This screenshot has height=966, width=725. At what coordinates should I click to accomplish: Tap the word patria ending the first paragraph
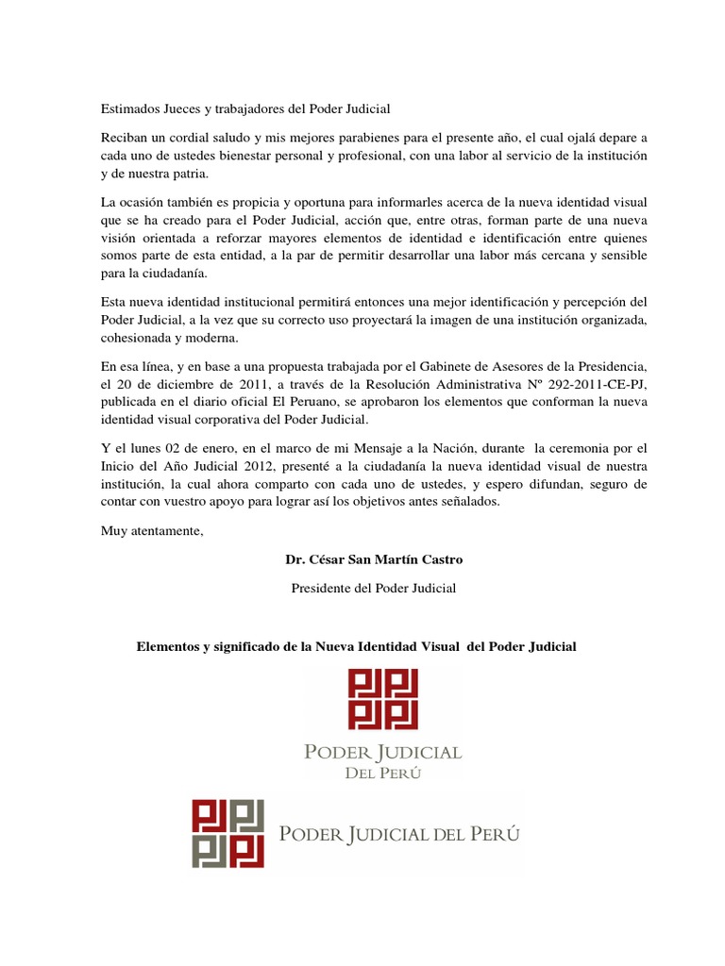coord(188,175)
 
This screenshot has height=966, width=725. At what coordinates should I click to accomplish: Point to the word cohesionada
coord(138,339)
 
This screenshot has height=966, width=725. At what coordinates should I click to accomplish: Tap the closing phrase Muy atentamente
coord(152,529)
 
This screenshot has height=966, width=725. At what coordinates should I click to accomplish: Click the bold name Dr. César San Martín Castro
coord(374,559)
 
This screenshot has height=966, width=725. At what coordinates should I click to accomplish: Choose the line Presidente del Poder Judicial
coord(374,588)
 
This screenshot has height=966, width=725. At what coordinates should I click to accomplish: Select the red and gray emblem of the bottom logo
coord(228,834)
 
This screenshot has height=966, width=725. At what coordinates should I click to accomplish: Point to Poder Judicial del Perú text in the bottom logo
coord(400,835)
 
